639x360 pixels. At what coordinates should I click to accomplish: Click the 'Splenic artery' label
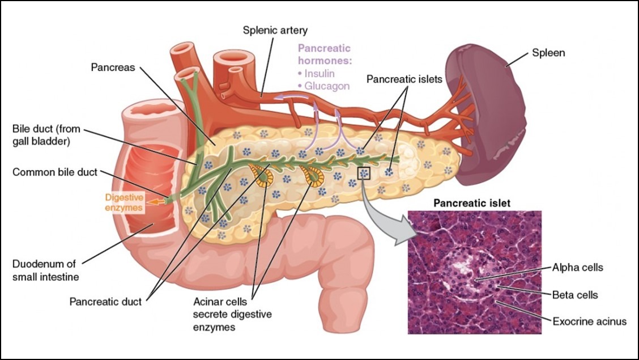[275, 31]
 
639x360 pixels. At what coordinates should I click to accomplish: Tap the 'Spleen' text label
[548, 53]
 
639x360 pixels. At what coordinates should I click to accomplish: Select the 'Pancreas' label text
[113, 67]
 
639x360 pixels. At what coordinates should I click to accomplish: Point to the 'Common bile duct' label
[54, 172]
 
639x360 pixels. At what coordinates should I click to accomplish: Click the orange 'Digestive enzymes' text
[124, 202]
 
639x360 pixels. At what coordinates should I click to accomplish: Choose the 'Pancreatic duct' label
[105, 302]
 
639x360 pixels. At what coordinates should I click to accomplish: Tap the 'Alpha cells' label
[577, 268]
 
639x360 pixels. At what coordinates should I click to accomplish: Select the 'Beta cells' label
[575, 295]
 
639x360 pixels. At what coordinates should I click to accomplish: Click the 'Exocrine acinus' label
[589, 321]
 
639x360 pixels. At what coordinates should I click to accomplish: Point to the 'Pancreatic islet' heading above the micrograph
[472, 203]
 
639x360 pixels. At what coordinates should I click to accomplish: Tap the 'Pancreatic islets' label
[404, 79]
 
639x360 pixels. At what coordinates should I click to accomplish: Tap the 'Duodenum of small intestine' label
[46, 270]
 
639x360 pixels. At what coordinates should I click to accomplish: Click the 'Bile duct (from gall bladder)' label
[46, 135]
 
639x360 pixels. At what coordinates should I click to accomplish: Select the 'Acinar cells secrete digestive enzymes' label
[232, 314]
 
